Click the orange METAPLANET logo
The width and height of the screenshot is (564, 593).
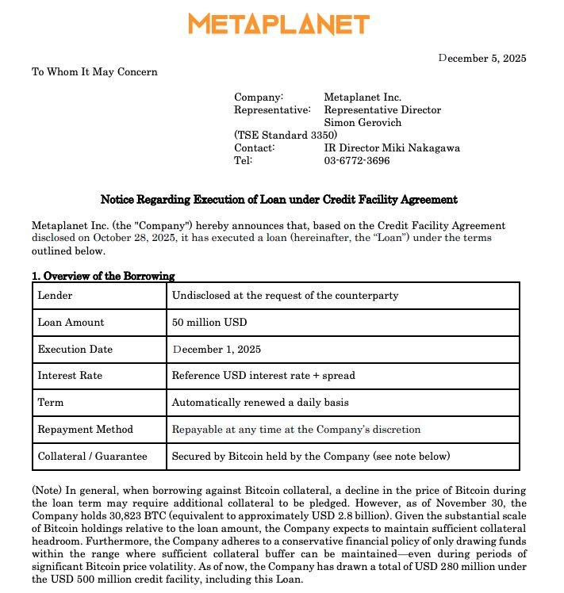pyautogui.click(x=278, y=25)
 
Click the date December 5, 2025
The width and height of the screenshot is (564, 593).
pyautogui.click(x=482, y=58)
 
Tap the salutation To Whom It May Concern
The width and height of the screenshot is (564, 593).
pyautogui.click(x=94, y=72)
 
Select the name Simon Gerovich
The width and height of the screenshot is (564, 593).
pyautogui.click(x=363, y=123)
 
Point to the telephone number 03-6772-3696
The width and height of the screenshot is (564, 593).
pyautogui.click(x=357, y=161)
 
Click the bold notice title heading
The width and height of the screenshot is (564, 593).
pyautogui.click(x=278, y=200)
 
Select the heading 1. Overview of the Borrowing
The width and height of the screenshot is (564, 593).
pyautogui.click(x=102, y=276)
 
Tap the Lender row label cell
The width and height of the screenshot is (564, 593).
pyautogui.click(x=55, y=296)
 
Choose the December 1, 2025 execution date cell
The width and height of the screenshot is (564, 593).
pyautogui.click(x=217, y=350)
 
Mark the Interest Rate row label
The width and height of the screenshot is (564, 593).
pyautogui.click(x=70, y=376)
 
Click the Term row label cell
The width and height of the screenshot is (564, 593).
pyautogui.click(x=51, y=403)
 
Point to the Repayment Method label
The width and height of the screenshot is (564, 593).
pyautogui.click(x=85, y=430)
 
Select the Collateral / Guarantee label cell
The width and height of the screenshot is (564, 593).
pyautogui.click(x=92, y=457)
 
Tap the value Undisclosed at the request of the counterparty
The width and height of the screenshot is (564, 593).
pyautogui.click(x=285, y=296)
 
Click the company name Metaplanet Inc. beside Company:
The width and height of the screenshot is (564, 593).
pyautogui.click(x=363, y=98)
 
